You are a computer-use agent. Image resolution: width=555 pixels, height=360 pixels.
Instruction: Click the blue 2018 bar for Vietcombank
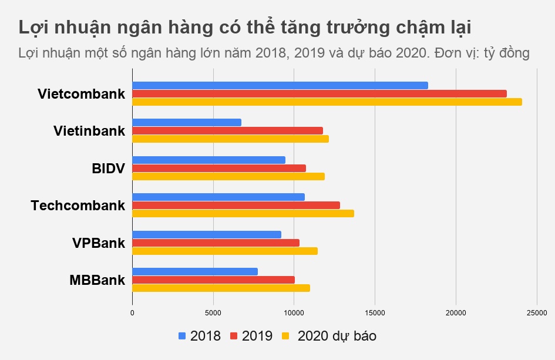tap(280, 85)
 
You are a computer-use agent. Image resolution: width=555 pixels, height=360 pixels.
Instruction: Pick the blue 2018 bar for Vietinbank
tap(187, 122)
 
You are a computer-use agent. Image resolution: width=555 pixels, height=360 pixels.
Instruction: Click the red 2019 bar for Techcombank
tap(236, 205)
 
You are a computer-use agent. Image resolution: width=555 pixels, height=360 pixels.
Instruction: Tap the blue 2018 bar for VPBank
tap(206, 234)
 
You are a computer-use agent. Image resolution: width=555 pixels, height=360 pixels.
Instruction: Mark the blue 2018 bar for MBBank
tap(194, 271)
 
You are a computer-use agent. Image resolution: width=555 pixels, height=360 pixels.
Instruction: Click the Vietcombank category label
tap(81, 94)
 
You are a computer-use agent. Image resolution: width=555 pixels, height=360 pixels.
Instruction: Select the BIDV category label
tap(108, 169)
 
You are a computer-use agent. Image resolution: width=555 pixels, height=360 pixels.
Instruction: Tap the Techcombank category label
tap(78, 206)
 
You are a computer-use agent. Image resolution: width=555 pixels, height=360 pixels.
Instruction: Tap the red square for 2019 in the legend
tap(234, 336)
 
